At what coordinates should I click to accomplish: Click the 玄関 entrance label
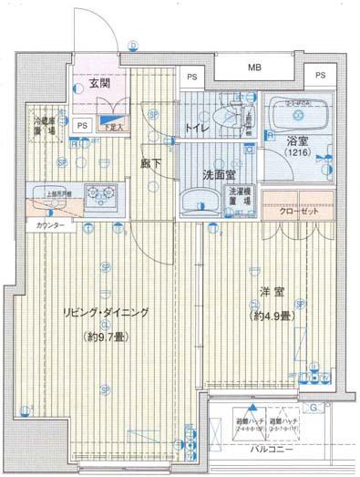coord(99,85)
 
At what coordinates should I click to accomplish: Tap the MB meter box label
coord(255,67)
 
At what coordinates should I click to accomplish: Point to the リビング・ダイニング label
coord(106,313)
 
